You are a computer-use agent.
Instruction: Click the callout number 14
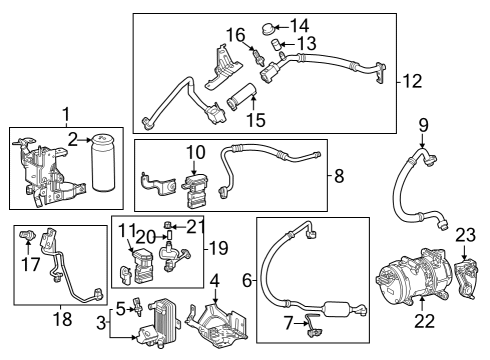tap(299, 24)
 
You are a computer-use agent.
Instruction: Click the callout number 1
tap(67, 114)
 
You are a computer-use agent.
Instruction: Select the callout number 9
tap(423, 125)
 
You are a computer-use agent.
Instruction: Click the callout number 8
tap(339, 177)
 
